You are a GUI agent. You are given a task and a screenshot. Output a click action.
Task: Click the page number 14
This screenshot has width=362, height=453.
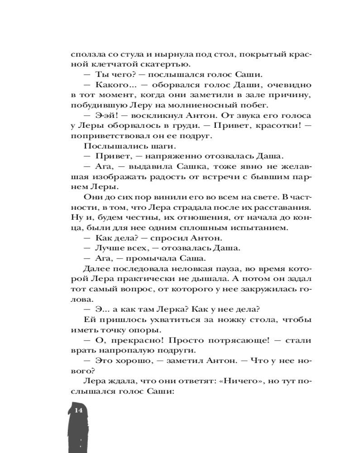78,410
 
